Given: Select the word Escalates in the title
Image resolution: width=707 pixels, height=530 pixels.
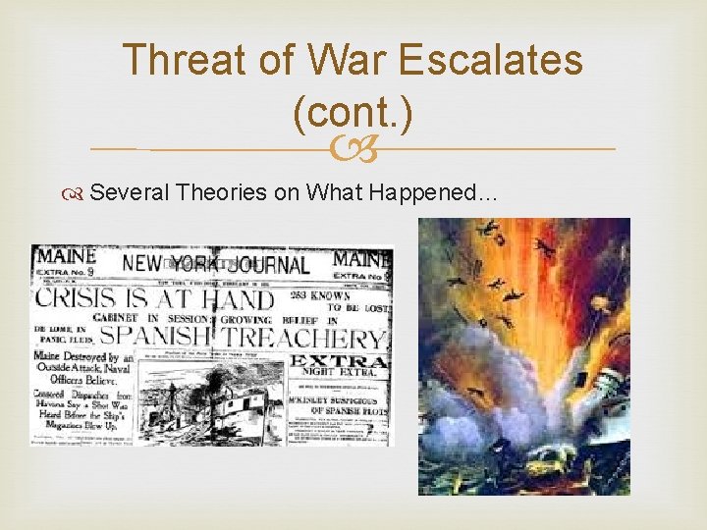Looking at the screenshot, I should coord(501,61).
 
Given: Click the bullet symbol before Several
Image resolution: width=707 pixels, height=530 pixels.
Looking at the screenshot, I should coord(77,193).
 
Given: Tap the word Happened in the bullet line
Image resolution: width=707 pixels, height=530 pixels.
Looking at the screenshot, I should coord(432,192).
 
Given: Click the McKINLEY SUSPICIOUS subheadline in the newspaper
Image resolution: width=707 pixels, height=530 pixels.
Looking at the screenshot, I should coord(339,402).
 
